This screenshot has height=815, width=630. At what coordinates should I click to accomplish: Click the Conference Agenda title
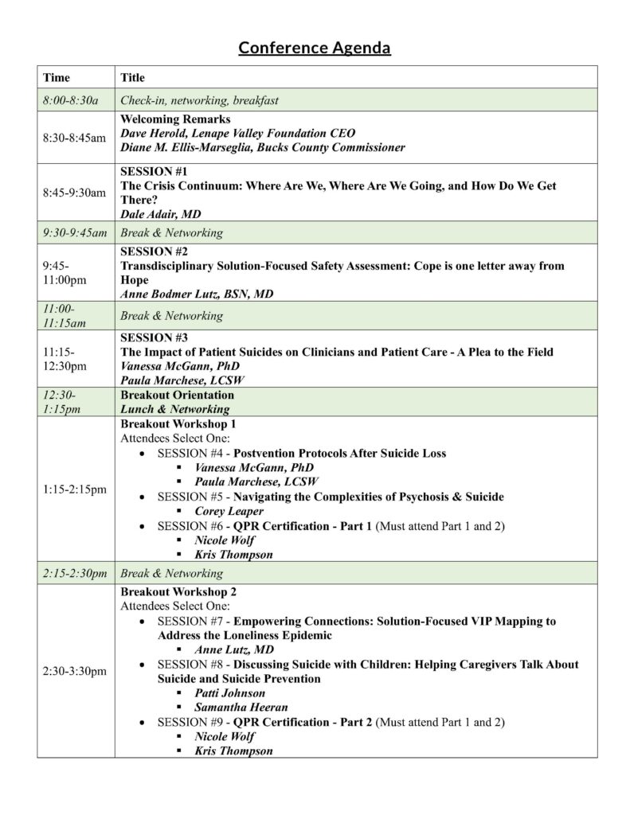[315, 49]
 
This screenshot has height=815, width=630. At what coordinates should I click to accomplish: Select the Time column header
[57, 78]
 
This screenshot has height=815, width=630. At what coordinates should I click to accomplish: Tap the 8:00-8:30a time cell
[70, 100]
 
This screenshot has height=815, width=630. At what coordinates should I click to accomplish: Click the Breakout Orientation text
[177, 396]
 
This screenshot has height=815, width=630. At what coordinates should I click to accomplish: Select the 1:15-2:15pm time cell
[74, 489]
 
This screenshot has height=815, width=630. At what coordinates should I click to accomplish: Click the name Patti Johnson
[230, 693]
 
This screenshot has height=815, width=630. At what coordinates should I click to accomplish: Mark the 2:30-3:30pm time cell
[74, 672]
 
